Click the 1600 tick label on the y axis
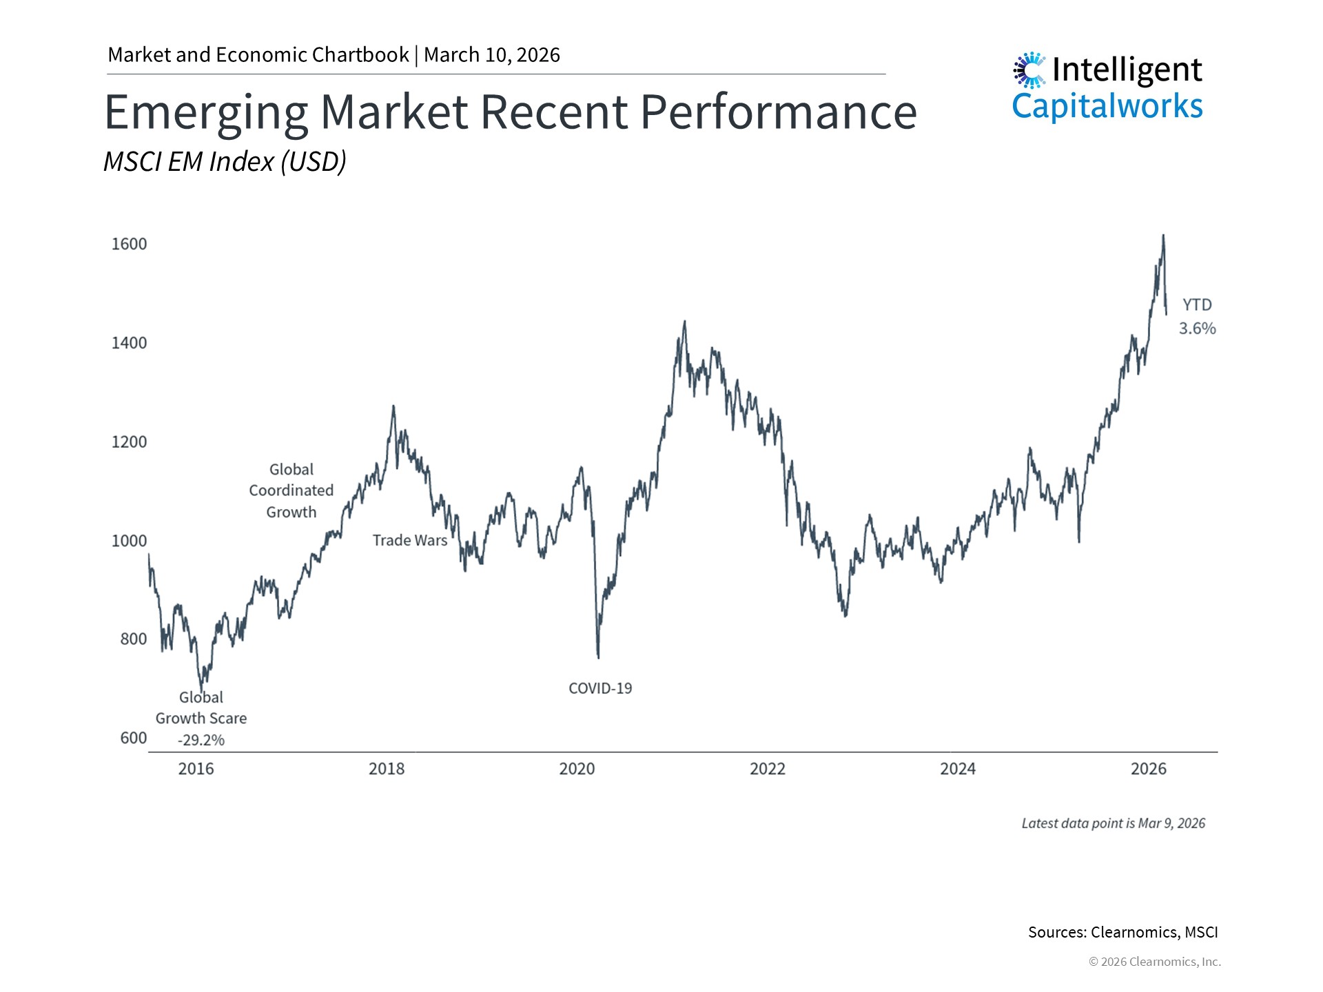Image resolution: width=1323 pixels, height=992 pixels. (130, 244)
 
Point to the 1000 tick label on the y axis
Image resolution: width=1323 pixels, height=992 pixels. (130, 541)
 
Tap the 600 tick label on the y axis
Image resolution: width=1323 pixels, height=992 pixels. (134, 738)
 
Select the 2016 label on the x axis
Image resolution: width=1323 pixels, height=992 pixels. (196, 769)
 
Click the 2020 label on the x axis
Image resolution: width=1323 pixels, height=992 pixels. (577, 769)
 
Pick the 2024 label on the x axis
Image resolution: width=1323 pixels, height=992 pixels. (958, 769)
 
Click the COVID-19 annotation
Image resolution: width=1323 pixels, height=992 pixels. (600, 688)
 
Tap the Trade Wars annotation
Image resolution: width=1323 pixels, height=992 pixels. (410, 541)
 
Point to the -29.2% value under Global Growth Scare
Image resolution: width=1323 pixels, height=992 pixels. (201, 740)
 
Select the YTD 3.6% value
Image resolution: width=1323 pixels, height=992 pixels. (1198, 329)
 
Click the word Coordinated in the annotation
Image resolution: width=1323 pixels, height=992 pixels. (291, 490)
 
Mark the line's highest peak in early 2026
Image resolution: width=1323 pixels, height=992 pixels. (1163, 236)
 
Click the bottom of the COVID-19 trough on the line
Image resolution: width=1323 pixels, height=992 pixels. (598, 657)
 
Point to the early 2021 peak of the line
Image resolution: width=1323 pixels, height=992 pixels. (684, 321)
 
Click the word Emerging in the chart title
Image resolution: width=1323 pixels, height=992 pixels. (206, 112)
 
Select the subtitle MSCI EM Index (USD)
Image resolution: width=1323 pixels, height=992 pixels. (225, 162)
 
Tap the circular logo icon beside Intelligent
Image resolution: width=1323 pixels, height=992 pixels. (1029, 70)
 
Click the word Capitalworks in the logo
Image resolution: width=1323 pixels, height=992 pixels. (1107, 107)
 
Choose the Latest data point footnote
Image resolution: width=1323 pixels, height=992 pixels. (1113, 823)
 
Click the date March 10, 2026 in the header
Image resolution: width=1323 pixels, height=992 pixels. (492, 55)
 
